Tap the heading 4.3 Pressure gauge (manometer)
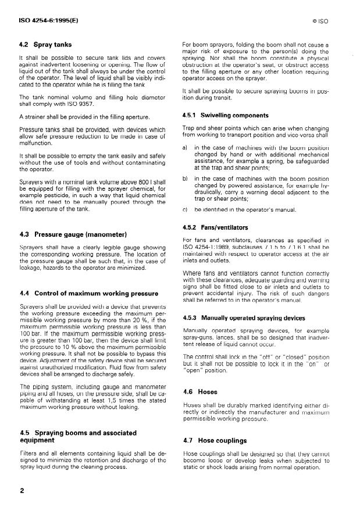pyautogui.click(x=73, y=234)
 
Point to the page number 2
pyautogui.click(x=22, y=491)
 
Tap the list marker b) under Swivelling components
pyautogui.click(x=186, y=178)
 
